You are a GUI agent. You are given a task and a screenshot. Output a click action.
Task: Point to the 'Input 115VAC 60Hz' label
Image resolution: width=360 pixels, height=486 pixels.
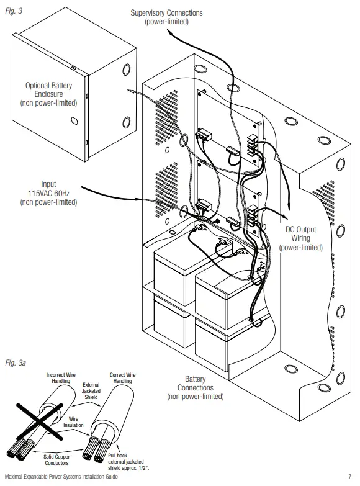[x=48, y=192]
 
